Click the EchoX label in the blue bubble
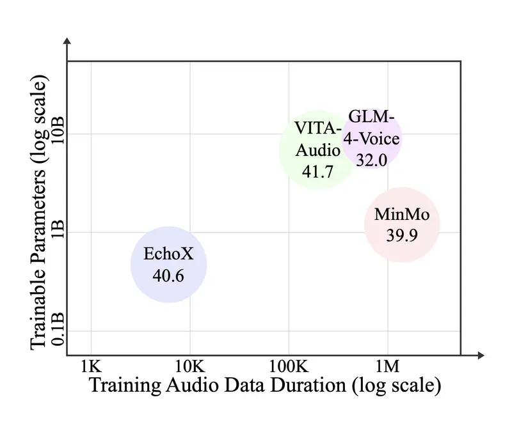click(x=168, y=254)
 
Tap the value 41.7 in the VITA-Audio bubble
click(x=318, y=171)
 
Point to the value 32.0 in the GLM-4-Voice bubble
click(x=371, y=160)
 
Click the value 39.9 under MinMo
click(x=402, y=235)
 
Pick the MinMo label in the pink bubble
click(x=402, y=215)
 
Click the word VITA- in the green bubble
click(x=318, y=127)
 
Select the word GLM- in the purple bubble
click(x=372, y=117)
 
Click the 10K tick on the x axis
click(x=189, y=366)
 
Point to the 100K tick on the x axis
click(x=288, y=366)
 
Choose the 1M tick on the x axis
click(x=387, y=366)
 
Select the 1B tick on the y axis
click(x=58, y=232)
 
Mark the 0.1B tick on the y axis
click(x=58, y=330)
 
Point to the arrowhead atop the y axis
click(x=67, y=43)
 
